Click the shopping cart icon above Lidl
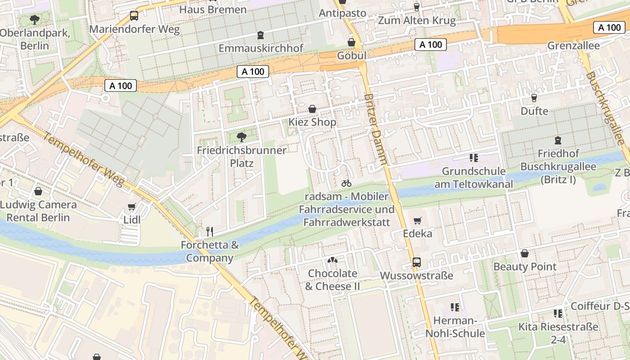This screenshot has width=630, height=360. pyautogui.click(x=131, y=207)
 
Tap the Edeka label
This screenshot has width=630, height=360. pyautogui.click(x=417, y=233)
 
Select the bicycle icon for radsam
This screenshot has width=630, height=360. pyautogui.click(x=346, y=183)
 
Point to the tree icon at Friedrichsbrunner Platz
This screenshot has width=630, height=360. pyautogui.click(x=242, y=137)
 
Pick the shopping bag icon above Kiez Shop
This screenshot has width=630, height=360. pyautogui.click(x=312, y=109)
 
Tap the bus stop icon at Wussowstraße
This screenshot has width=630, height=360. pyautogui.click(x=417, y=262)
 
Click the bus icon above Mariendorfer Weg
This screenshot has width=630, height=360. pyautogui.click(x=134, y=16)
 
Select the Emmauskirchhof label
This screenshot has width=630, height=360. pyautogui.click(x=261, y=48)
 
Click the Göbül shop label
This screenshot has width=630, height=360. pyautogui.click(x=351, y=55)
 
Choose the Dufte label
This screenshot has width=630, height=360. pyautogui.click(x=534, y=111)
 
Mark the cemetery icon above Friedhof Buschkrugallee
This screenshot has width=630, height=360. pyautogui.click(x=558, y=140)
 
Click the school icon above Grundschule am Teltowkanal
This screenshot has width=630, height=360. pyautogui.click(x=473, y=157)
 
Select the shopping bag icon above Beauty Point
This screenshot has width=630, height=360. pyautogui.click(x=524, y=253)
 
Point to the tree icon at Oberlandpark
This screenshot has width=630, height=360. pyautogui.click(x=34, y=19)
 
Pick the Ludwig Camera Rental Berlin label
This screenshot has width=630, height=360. pyautogui.click(x=38, y=211)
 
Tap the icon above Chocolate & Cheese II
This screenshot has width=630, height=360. pyautogui.click(x=333, y=260)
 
